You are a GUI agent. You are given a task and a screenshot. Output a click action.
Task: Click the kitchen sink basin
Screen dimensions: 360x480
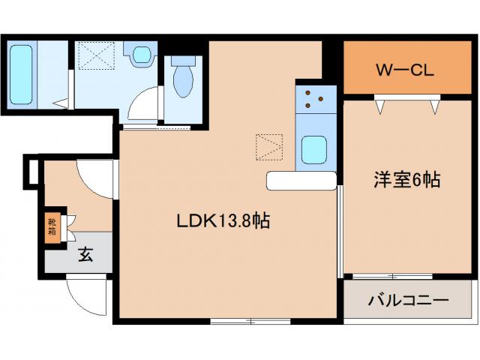click(313, 148)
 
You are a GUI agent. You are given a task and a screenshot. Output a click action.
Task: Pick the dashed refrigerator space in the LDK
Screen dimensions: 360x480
click(268, 145)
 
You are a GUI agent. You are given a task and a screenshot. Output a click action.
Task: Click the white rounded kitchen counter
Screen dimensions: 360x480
click(300, 181)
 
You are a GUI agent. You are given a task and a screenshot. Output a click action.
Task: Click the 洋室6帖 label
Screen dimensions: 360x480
click(406, 180)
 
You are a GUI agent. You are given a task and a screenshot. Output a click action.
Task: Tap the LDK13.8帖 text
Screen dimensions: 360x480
click(223, 221)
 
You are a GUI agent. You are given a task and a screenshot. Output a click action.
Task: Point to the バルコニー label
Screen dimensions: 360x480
click(407, 301)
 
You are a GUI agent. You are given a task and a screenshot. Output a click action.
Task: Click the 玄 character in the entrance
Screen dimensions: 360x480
click(84, 255)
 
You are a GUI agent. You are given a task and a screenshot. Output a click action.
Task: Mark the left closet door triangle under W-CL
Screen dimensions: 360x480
click(382, 107)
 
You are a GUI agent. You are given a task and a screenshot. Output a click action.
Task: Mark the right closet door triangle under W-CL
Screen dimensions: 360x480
click(435, 107)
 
